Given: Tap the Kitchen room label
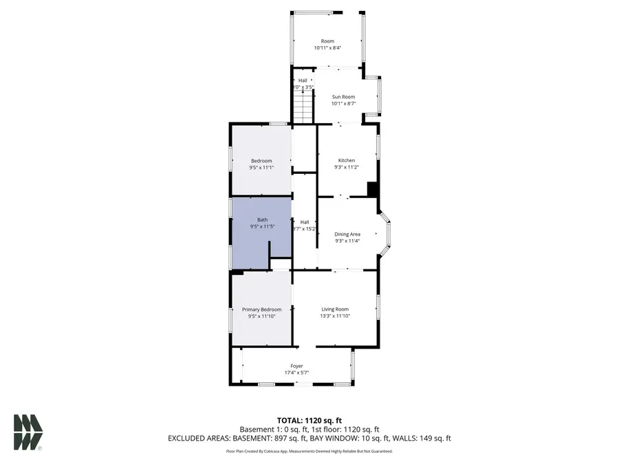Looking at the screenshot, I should (347, 160).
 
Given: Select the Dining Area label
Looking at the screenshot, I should (347, 234).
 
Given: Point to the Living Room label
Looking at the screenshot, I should (335, 309).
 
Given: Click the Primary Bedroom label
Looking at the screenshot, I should (261, 309).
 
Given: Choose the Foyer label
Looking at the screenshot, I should (296, 366).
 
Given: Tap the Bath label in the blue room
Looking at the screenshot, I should (262, 219).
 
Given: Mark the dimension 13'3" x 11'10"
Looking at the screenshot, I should (335, 316).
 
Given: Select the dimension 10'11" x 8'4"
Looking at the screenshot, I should (327, 47).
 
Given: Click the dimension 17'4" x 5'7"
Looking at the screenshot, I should (296, 373).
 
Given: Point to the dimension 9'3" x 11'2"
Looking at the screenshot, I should (347, 167).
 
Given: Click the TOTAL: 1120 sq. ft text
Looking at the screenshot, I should (309, 420).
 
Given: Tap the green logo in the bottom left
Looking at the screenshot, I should (28, 432).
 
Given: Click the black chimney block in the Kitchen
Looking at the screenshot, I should (372, 189).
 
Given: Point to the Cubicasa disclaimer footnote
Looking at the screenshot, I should (309, 452).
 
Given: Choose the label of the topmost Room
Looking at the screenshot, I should (327, 41).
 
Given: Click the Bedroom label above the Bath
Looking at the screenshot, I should (261, 161).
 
